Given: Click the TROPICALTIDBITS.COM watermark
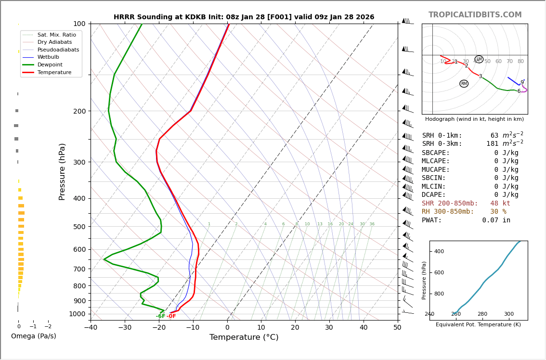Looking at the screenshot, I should pyautogui.click(x=475, y=15).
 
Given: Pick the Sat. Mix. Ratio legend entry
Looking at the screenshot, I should pyautogui.click(x=56, y=35).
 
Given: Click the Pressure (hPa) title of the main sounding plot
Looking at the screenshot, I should pyautogui.click(x=62, y=171).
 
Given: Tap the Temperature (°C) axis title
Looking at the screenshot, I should pyautogui.click(x=244, y=337).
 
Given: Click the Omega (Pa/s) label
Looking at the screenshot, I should pyautogui.click(x=33, y=336).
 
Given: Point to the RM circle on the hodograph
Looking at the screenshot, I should pyautogui.click(x=464, y=84).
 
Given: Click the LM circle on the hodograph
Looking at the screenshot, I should pyautogui.click(x=479, y=59).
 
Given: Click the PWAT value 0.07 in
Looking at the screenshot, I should pyautogui.click(x=496, y=220).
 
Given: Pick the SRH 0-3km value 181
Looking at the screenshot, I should pyautogui.click(x=492, y=144).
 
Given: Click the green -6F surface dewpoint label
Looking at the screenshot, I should pyautogui.click(x=160, y=316).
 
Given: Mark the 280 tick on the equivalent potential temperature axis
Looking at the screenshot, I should pyautogui.click(x=482, y=314).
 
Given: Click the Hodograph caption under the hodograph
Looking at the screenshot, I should pyautogui.click(x=474, y=119).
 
